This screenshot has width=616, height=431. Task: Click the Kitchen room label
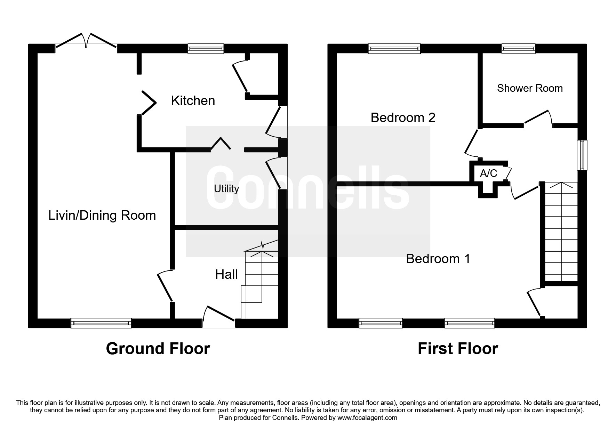[193, 101]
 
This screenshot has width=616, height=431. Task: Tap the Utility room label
[226, 189]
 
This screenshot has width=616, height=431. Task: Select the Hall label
[226, 275]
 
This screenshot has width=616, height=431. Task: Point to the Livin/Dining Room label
[102, 215]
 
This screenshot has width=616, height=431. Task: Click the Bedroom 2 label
[403, 118]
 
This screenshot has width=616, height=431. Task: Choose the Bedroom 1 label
[438, 259]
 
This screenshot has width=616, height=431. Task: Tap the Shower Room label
[529, 88]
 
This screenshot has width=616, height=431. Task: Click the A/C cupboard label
[488, 173]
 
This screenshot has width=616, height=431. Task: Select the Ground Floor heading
[158, 349]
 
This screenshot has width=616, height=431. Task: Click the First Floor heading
[457, 349]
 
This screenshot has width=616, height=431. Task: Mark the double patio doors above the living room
[86, 41]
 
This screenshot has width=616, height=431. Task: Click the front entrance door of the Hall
[219, 316]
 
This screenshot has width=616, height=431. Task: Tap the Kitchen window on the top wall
[206, 49]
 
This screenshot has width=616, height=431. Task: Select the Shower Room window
[518, 49]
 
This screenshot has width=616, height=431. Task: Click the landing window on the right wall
[582, 155]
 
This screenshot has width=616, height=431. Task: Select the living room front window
[101, 323]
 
